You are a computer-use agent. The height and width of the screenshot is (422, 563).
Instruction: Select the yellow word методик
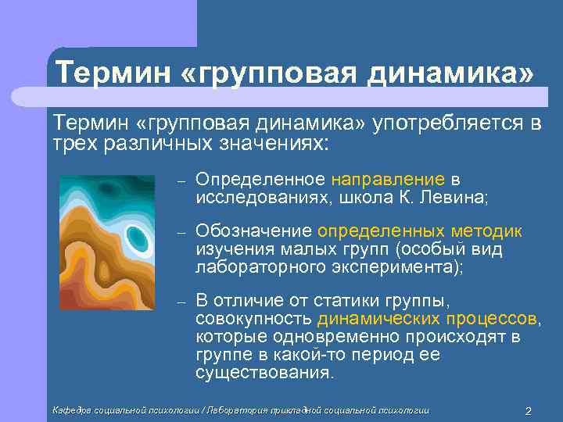(486, 232)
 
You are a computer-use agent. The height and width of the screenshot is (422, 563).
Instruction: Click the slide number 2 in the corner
(528, 411)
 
